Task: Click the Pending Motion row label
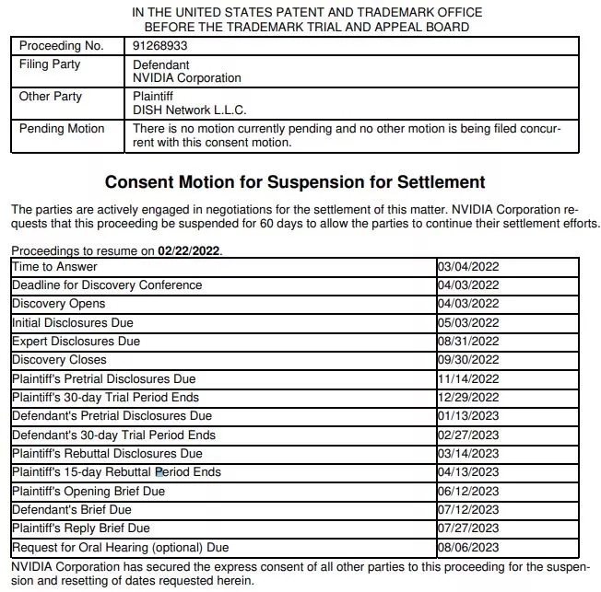point(62,129)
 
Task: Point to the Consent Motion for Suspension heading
point(295,182)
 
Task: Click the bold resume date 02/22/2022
point(189,251)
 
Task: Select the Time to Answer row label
point(54,267)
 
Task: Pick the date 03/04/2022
point(468,267)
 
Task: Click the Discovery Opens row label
point(59,304)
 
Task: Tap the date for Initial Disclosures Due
point(468,323)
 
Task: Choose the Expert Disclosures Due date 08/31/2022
point(468,342)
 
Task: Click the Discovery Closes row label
point(59,360)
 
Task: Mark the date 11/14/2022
point(468,378)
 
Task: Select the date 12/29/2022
point(468,398)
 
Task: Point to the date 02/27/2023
point(468,435)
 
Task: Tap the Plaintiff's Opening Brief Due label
point(88,491)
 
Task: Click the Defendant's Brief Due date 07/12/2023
point(468,509)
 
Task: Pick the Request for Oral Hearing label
point(121,547)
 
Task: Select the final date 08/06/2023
point(468,547)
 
